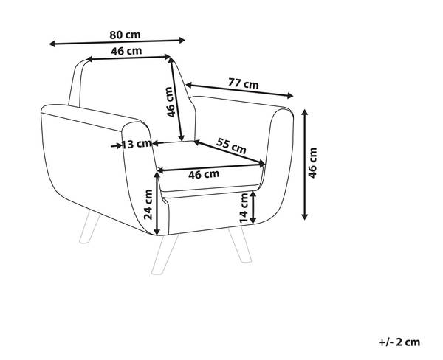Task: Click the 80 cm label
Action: pyautogui.click(x=126, y=34)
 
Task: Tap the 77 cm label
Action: pyautogui.click(x=243, y=84)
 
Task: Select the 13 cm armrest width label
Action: pyautogui.click(x=137, y=144)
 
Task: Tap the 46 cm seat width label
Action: pyautogui.click(x=204, y=175)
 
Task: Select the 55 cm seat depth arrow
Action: pyautogui.click(x=230, y=153)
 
